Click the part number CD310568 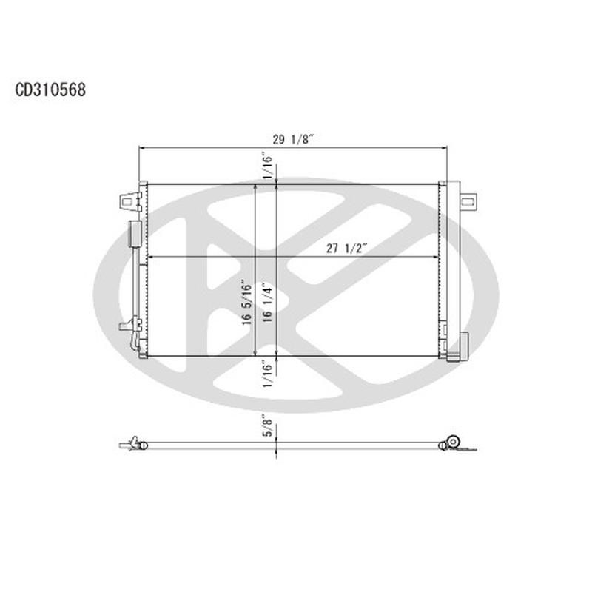click(x=51, y=90)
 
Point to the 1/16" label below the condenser click(x=268, y=373)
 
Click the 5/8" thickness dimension click(x=268, y=427)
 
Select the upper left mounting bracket click(x=128, y=201)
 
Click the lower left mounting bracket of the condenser click(x=131, y=326)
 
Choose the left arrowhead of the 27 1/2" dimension click(x=152, y=257)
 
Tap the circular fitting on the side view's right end click(x=449, y=443)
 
